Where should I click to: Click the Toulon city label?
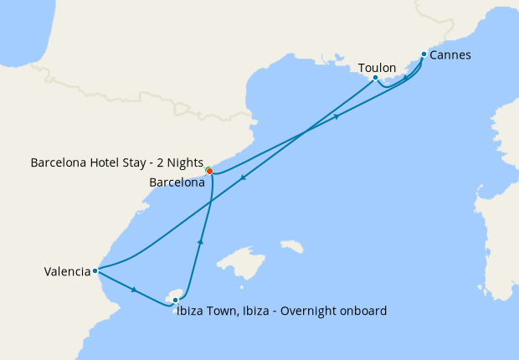(377, 67)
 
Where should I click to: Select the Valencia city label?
(67, 270)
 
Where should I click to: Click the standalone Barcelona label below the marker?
(177, 182)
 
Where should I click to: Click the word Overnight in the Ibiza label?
(290, 311)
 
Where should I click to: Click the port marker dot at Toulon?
(375, 78)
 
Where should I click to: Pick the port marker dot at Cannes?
(424, 54)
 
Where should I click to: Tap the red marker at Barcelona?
(209, 171)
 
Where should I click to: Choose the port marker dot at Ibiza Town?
(175, 300)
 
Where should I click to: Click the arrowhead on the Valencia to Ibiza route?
(135, 290)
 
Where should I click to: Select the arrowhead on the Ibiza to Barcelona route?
(200, 241)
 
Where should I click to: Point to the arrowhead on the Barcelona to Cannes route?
(337, 116)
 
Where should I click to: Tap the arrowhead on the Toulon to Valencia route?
(242, 177)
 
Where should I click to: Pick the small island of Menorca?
(292, 246)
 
